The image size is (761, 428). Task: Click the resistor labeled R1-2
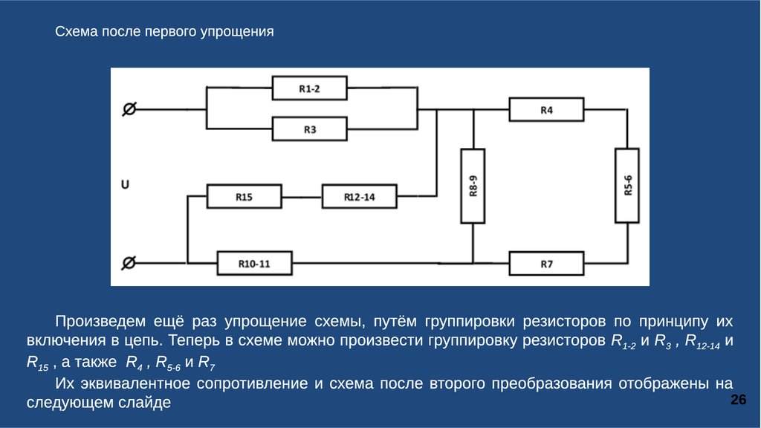309,88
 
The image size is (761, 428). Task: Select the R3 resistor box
309,129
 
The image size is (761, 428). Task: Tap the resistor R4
546,110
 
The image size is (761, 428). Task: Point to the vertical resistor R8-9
473,186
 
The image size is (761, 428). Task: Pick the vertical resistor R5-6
626,185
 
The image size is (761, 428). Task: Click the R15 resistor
244,197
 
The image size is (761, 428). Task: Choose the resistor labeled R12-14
359,197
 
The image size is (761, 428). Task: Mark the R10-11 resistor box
254,263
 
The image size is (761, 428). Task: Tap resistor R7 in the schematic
546,263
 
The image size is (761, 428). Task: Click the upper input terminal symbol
129,109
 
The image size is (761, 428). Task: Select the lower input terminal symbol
129,262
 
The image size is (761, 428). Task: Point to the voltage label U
125,184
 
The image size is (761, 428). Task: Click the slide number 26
738,401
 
